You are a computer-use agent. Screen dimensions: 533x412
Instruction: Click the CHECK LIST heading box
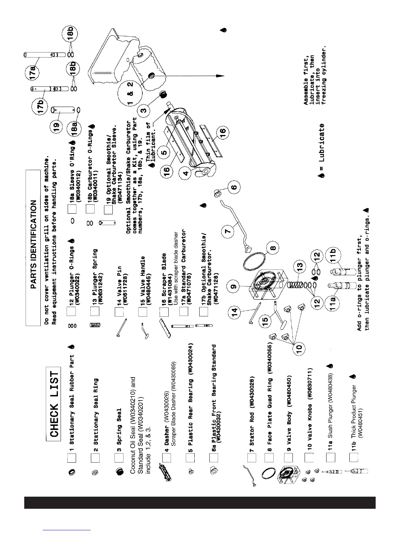click(54, 402)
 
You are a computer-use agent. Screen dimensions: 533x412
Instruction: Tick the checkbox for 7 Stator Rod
click(251, 458)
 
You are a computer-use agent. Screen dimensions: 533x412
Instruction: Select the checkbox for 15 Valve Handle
click(142, 312)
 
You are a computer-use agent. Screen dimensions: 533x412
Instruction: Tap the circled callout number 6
click(234, 186)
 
